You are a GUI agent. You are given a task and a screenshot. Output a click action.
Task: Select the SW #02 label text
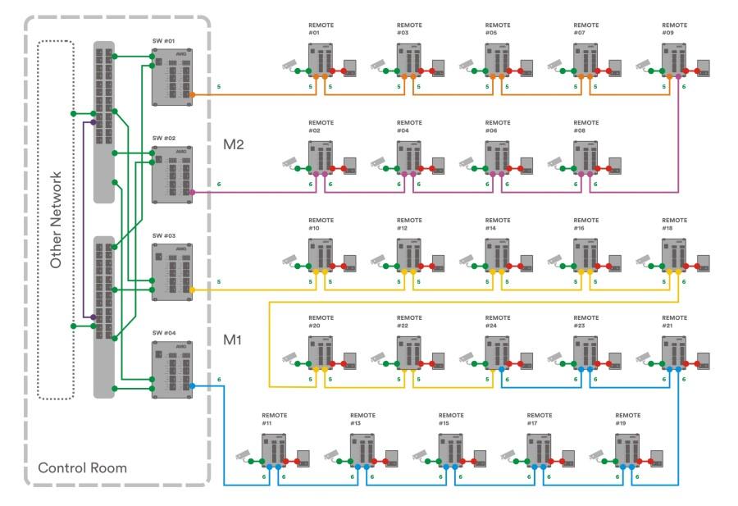(x=164, y=139)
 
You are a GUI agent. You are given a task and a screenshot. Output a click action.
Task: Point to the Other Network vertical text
(x=57, y=220)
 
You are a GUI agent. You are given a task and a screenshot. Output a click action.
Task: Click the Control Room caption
(x=83, y=468)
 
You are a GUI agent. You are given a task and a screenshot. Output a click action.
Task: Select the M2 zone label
(x=234, y=145)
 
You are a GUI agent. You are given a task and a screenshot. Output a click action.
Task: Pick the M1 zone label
(x=234, y=340)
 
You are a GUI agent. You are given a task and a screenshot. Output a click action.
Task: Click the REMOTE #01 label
(x=320, y=29)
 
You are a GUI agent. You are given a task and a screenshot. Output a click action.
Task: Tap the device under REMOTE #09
(x=675, y=61)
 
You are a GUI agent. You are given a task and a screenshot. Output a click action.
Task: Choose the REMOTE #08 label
(x=585, y=126)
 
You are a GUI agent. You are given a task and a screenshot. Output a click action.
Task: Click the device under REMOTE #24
(x=498, y=353)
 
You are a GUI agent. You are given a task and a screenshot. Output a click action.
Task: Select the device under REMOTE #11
(x=273, y=450)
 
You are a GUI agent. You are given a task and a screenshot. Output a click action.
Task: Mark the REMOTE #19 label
(x=628, y=419)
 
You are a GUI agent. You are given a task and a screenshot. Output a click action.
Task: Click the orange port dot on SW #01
(x=192, y=94)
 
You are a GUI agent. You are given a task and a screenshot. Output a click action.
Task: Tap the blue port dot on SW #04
(x=191, y=385)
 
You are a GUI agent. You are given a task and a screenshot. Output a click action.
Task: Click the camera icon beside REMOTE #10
(x=290, y=260)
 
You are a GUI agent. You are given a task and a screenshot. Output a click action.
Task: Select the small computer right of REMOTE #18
(x=703, y=263)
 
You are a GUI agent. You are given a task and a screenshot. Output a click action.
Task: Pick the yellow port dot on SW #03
(x=192, y=289)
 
